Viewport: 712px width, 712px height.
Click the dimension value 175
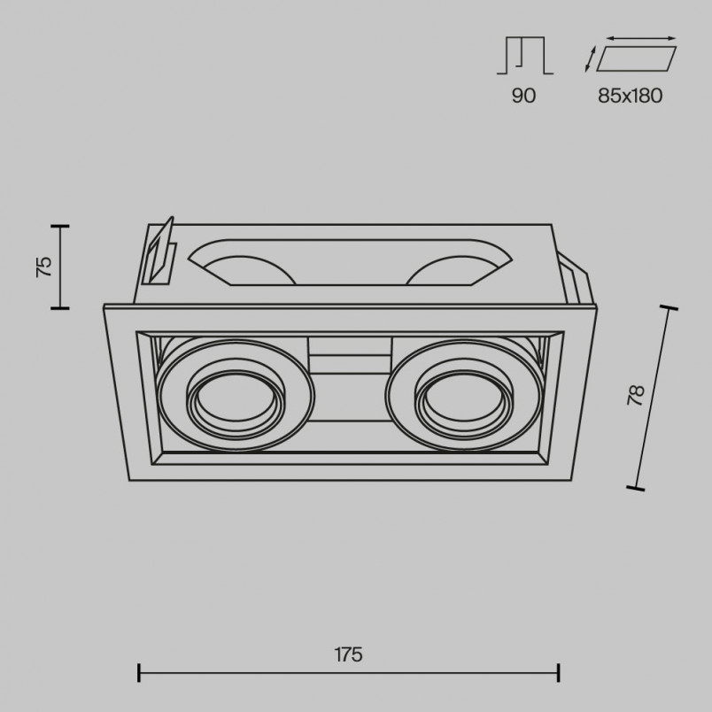[x=348, y=654]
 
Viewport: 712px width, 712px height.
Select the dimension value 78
[x=637, y=395]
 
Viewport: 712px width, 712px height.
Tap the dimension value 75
[x=44, y=267]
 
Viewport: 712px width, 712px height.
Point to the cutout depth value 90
[x=523, y=96]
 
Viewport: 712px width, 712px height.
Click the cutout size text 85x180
[x=630, y=96]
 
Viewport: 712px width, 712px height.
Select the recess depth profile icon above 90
[x=524, y=55]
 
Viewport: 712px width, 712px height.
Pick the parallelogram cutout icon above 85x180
[x=636, y=58]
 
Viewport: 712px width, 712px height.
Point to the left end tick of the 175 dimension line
[x=139, y=672]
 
